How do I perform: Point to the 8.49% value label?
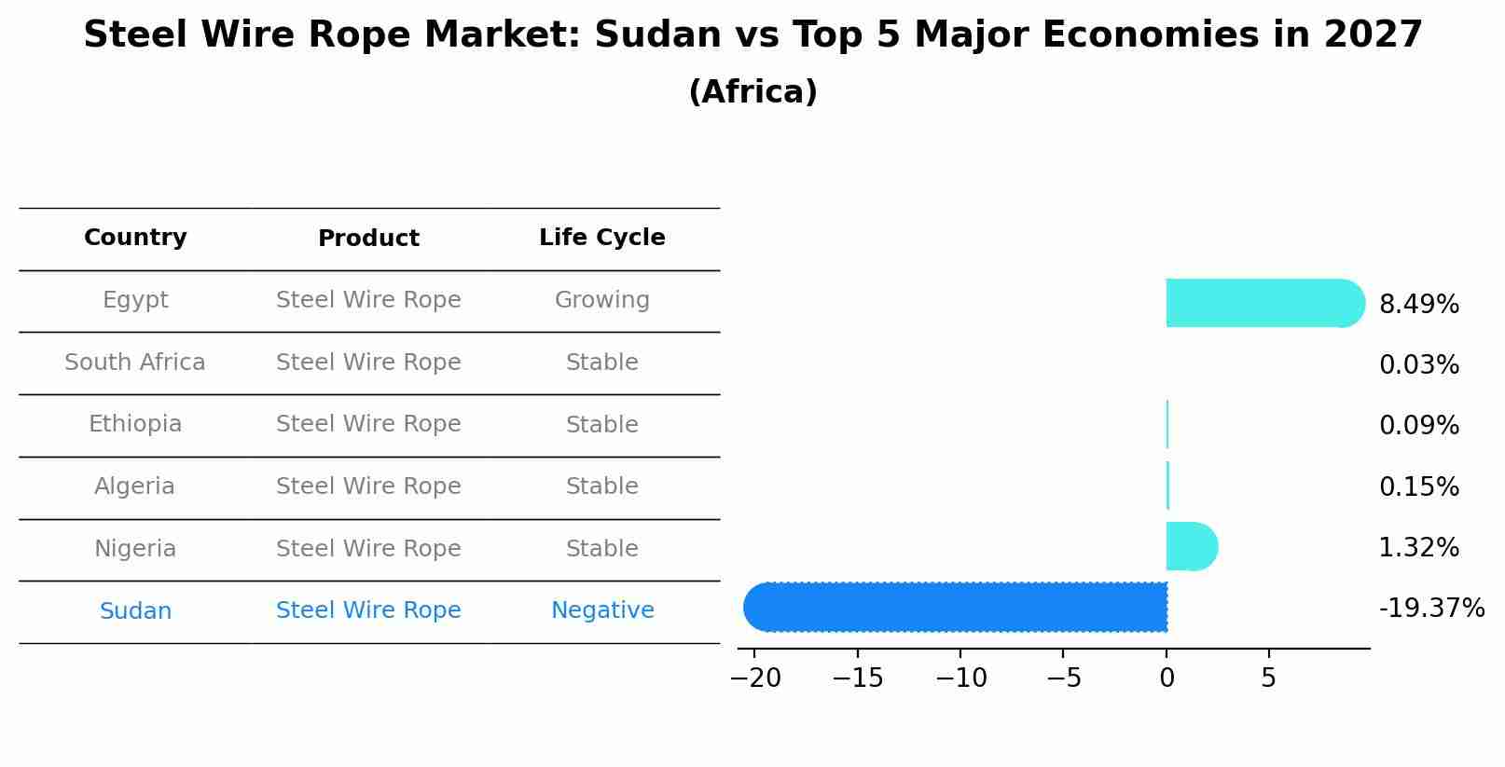tap(1418, 305)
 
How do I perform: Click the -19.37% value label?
tap(1431, 609)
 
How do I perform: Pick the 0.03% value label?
tap(1418, 365)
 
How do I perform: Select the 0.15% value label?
tap(1418, 487)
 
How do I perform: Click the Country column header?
tap(135, 238)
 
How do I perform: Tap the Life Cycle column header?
tap(602, 238)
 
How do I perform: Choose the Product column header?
tap(368, 239)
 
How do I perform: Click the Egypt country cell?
tap(135, 300)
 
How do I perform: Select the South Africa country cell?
tap(135, 363)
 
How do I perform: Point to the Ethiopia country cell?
tap(135, 424)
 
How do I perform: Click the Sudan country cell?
tap(135, 611)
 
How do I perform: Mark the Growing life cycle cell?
tap(602, 300)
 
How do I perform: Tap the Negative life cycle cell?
tap(602, 610)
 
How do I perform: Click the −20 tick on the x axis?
tap(755, 678)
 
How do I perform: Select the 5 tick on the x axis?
tap(1268, 678)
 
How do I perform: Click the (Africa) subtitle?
tap(752, 92)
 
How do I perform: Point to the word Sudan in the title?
tap(657, 35)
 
